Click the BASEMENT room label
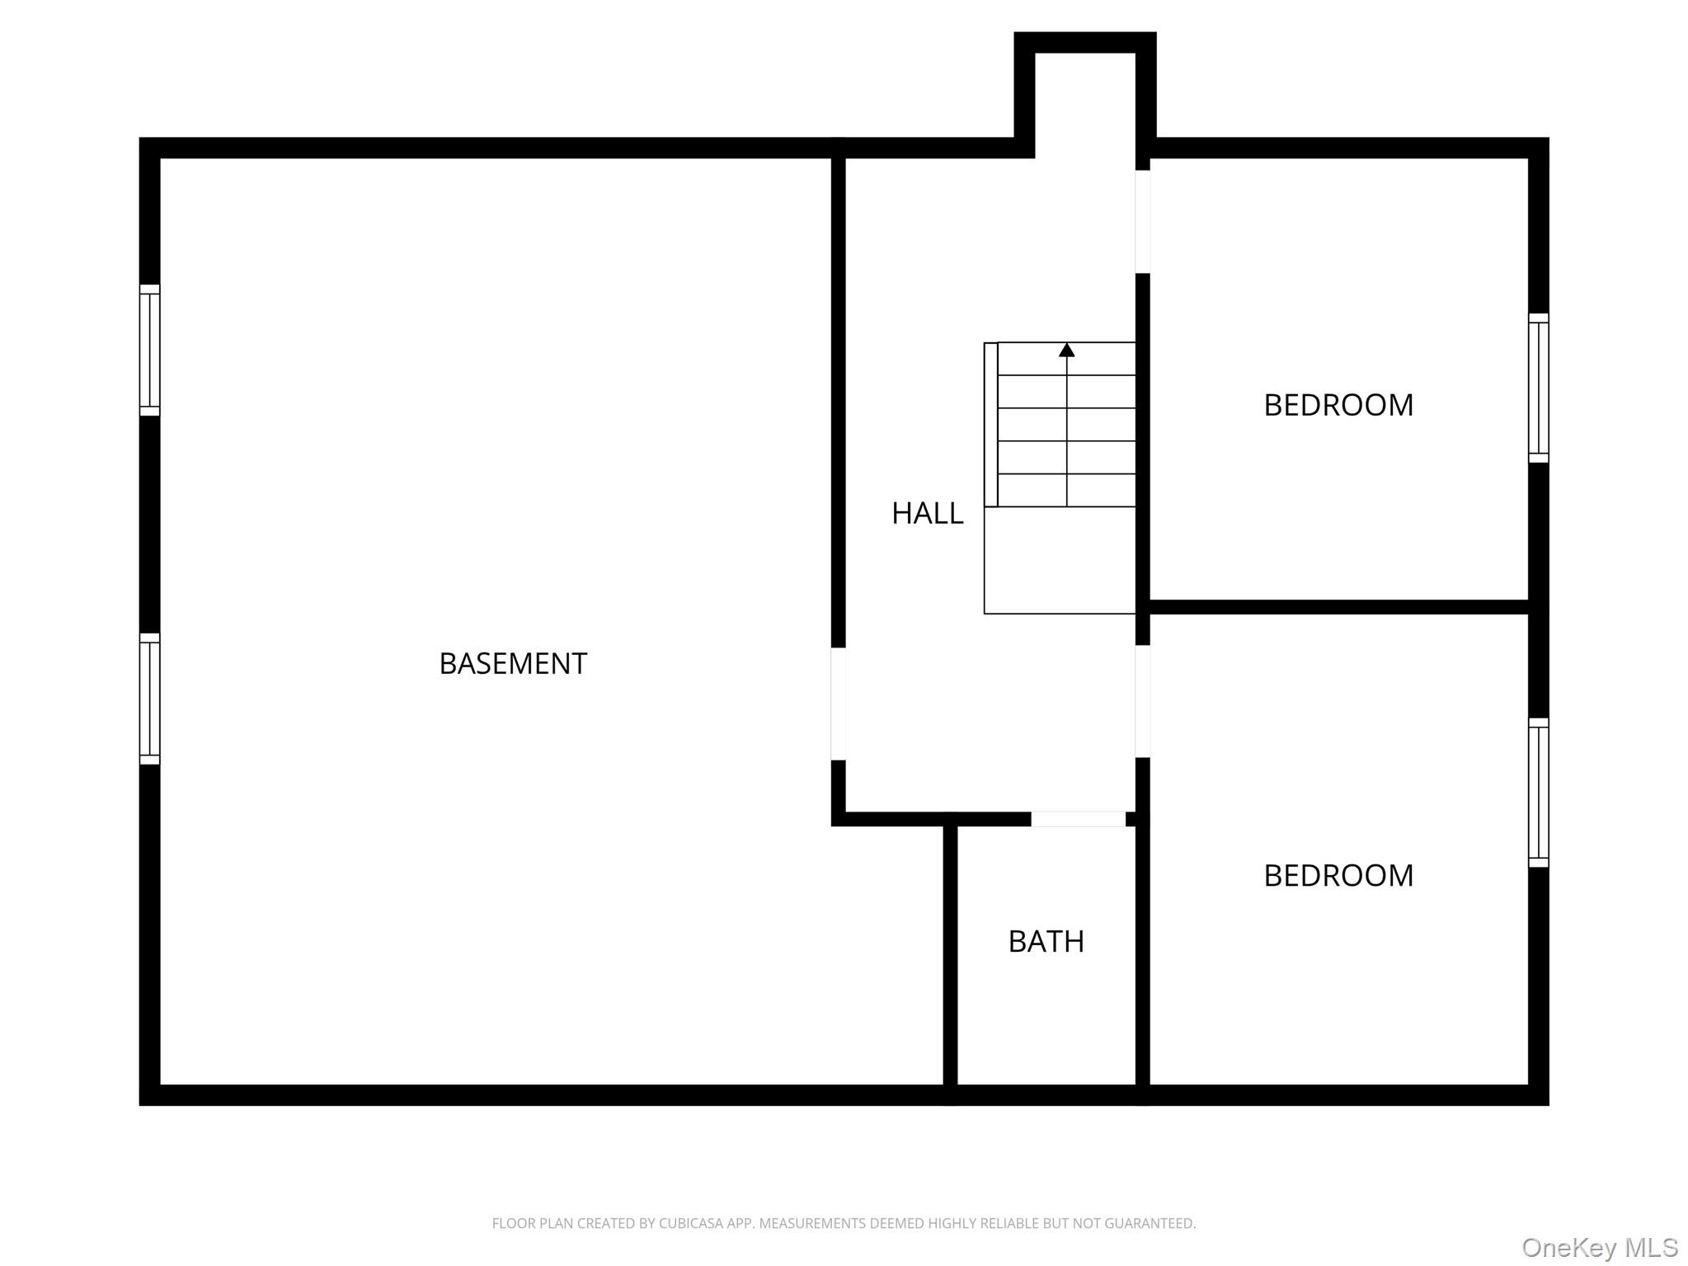click(512, 663)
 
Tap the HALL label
click(927, 513)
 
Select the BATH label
click(1046, 941)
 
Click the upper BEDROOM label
click(1338, 405)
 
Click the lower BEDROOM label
click(1338, 875)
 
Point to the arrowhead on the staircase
click(1066, 351)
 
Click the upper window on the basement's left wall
click(149, 350)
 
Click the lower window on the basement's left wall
click(149, 699)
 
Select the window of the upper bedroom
click(1538, 388)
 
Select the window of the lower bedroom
click(1538, 793)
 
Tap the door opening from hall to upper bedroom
click(1142, 221)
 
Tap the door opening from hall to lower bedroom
click(1142, 701)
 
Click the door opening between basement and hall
click(838, 704)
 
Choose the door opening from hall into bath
click(1078, 819)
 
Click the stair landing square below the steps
click(1060, 560)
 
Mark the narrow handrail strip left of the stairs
click(990, 425)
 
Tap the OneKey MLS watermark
click(1600, 1247)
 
